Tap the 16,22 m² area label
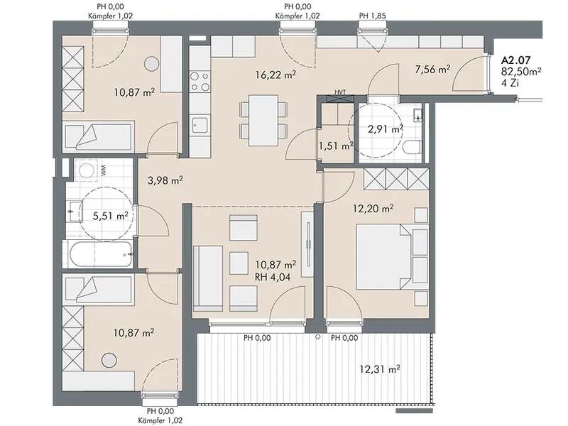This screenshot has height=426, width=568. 275,75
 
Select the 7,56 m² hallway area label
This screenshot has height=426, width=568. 432,69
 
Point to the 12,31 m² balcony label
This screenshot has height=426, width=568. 380,369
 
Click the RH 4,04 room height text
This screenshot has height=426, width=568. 273,278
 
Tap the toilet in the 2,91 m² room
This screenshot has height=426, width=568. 413,148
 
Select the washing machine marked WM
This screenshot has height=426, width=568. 87,170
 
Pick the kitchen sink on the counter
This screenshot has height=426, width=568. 200,125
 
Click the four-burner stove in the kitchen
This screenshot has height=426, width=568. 200,82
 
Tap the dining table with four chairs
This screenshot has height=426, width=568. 263,120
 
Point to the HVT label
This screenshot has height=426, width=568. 340,92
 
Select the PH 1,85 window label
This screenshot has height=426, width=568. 372,16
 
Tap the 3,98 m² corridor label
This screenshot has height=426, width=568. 165,180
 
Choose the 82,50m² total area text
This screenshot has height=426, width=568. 522,71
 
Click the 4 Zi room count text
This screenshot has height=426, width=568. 510,82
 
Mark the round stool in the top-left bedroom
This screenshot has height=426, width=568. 151,64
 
